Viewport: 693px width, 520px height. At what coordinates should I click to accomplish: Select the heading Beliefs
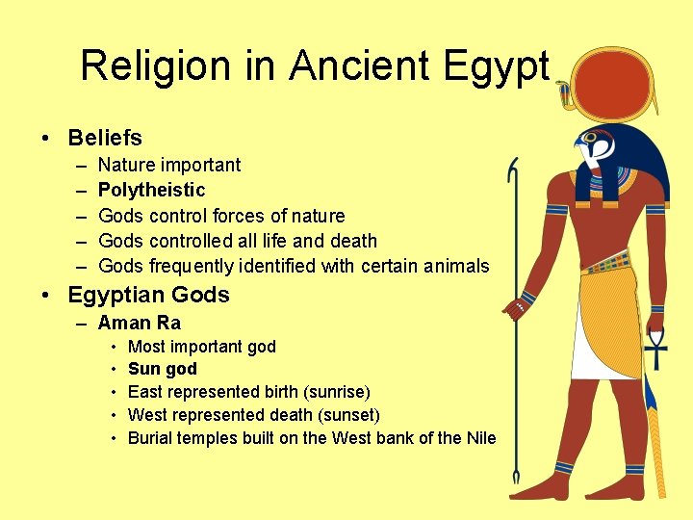105,138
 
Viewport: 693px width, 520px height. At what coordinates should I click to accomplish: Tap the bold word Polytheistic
151,190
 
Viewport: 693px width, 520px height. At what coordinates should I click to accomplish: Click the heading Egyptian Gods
148,295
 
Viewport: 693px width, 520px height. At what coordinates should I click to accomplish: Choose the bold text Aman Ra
139,323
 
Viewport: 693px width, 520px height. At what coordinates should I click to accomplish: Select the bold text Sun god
162,369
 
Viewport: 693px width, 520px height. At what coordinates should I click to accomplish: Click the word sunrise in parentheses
334,392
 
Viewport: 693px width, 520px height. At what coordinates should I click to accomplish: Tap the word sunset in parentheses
347,415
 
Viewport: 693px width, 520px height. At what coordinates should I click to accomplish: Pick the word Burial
151,438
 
